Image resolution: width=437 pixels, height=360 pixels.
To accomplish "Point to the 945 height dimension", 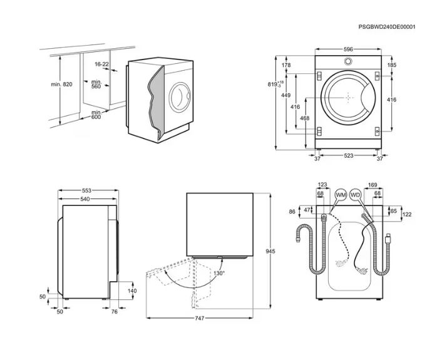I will click(270, 251).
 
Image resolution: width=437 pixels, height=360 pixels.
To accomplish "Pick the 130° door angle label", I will click(218, 273).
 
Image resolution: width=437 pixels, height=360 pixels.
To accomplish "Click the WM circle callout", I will click(341, 195).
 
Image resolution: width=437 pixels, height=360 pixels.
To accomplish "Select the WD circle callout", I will click(356, 195).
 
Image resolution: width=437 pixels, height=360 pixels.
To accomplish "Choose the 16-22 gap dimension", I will click(102, 64).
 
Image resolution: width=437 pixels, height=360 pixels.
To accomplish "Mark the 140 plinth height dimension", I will click(131, 291).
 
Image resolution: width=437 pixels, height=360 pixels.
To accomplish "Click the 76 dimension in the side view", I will click(115, 311).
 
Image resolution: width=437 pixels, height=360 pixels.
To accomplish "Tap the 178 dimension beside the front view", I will click(286, 65).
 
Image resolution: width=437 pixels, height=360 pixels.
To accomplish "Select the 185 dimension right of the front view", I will click(391, 65).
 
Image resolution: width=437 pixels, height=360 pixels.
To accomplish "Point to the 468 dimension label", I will click(305, 118).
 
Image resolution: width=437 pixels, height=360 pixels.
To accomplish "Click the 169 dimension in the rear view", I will click(372, 185).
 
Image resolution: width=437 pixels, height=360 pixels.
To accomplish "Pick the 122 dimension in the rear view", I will click(407, 215).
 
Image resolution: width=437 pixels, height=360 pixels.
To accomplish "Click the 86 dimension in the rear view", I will click(292, 212).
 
